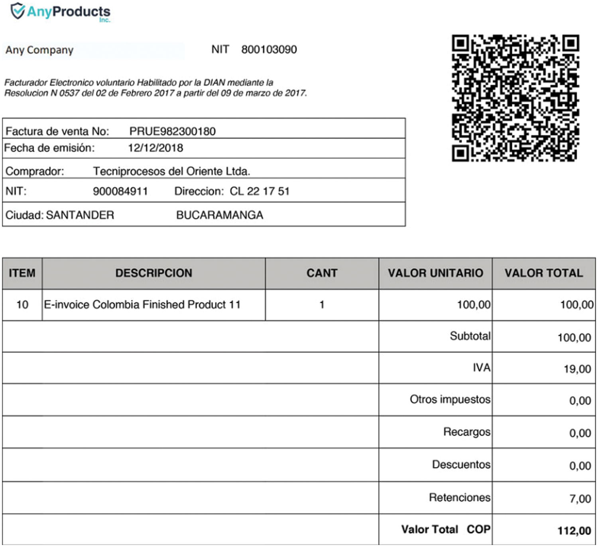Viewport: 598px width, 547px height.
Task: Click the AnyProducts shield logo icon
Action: (18, 11)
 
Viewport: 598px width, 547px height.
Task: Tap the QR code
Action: (515, 98)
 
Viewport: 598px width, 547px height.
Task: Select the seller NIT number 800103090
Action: (269, 50)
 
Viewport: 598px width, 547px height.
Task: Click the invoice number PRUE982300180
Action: (172, 131)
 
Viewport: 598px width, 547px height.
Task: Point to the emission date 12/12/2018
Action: (155, 148)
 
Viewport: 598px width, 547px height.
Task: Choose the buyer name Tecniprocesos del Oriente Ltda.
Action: (171, 171)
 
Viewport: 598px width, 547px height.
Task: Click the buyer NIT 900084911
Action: (120, 192)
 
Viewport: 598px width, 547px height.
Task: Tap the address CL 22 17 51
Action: (260, 192)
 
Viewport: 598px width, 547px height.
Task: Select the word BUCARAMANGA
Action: (220, 215)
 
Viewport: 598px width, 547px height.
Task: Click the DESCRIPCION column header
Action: (153, 273)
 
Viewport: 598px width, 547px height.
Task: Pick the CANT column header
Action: (322, 273)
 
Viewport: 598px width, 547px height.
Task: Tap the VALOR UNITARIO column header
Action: (435, 273)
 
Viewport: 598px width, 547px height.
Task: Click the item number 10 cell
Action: (22, 305)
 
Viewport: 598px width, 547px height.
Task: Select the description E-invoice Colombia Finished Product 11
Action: (142, 305)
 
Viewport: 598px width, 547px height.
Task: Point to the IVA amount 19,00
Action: (577, 369)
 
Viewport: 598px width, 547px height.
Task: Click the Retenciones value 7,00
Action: (580, 499)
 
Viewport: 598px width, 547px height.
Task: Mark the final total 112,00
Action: (574, 531)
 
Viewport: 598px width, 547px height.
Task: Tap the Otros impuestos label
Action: (450, 400)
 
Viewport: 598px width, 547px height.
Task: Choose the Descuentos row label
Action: (461, 465)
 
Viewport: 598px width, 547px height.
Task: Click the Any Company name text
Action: (39, 50)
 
